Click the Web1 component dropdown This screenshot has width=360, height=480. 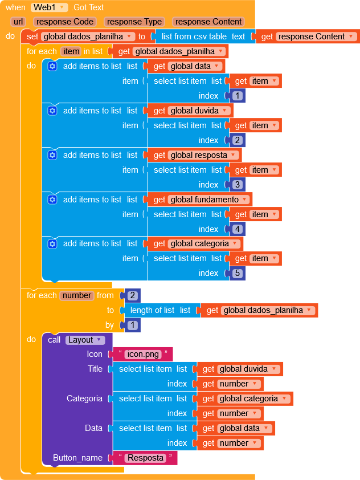click(49, 7)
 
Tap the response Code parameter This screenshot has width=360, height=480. click(65, 22)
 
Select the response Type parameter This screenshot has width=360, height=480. click(134, 22)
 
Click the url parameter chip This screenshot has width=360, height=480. click(18, 22)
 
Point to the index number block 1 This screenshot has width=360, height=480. click(238, 96)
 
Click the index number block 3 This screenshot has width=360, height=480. click(238, 185)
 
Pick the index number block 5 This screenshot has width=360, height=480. click(238, 273)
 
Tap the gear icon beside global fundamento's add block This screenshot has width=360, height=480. click(52, 200)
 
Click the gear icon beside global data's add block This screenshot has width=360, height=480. click(52, 66)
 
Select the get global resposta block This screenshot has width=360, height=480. click(195, 155)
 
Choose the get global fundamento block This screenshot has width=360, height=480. click(200, 200)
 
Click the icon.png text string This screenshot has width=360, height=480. click(143, 354)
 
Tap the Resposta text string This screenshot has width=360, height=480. click(145, 458)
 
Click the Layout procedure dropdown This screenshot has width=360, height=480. click(85, 340)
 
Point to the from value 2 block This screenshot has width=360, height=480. click(133, 295)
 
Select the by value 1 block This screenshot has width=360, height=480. click(133, 325)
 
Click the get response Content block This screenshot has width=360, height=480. click(308, 36)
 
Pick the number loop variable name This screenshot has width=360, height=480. click(77, 295)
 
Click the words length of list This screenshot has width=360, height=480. click(152, 311)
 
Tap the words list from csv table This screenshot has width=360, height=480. click(194, 36)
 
